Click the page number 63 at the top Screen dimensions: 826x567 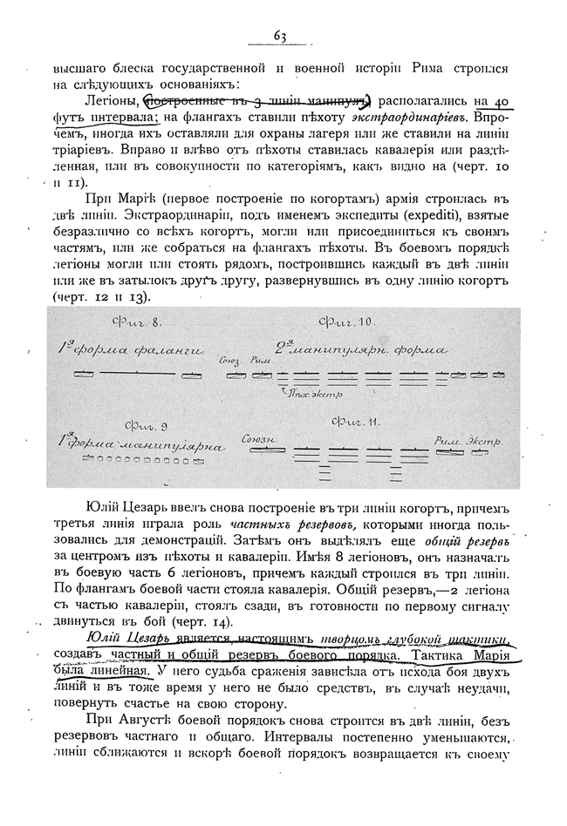[281, 36]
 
